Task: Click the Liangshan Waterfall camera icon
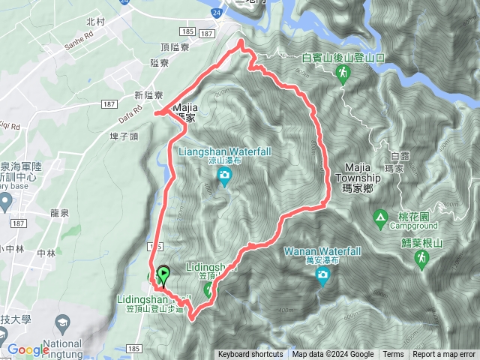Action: pos(223,177)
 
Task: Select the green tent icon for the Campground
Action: pos(380,218)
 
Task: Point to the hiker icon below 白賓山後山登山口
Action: pos(343,73)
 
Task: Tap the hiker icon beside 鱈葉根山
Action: pos(421,258)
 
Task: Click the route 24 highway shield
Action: pos(217,13)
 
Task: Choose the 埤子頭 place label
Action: pos(124,136)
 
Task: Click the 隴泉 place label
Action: pos(59,212)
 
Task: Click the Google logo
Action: pos(28,349)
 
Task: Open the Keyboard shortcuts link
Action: pos(250,355)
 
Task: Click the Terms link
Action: pos(393,355)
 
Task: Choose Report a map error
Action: pos(445,355)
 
